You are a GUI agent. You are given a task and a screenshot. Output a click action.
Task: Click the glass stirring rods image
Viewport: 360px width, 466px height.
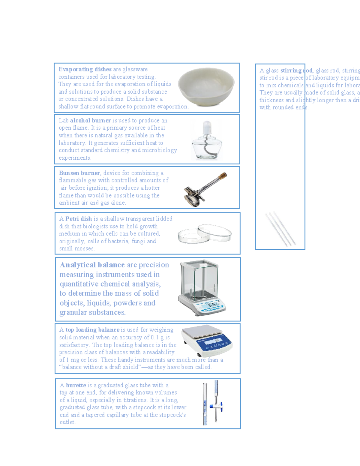click(x=280, y=229)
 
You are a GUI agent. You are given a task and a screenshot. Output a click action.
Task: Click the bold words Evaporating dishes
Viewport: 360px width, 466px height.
click(x=85, y=69)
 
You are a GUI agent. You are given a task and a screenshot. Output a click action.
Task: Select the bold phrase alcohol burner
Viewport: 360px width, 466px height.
click(x=90, y=121)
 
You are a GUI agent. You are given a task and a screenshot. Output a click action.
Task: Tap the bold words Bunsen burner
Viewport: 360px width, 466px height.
click(x=79, y=173)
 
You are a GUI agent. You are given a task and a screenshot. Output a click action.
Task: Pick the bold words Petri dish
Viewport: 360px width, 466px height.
click(x=79, y=219)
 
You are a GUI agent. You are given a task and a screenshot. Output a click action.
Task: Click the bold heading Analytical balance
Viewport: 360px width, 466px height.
click(x=92, y=265)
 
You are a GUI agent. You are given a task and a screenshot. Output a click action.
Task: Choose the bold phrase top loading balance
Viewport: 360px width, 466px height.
click(x=92, y=330)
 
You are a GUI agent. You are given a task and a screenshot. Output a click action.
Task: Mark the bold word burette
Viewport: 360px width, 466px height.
click(x=76, y=385)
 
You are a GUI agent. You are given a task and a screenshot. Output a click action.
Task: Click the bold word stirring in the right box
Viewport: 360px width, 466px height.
click(x=291, y=71)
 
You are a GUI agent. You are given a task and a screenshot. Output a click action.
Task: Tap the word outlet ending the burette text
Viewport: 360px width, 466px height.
click(x=67, y=422)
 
